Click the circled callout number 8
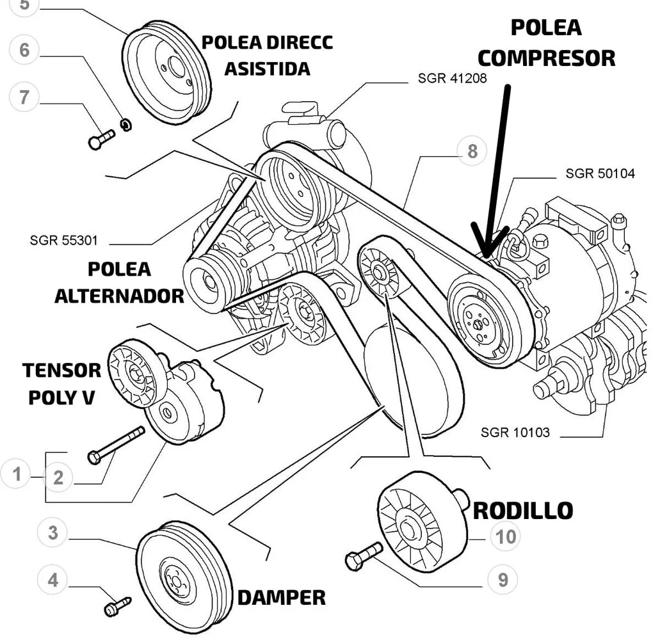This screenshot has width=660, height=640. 472,150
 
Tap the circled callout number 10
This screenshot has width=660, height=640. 506,536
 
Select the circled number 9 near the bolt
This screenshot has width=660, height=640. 503,579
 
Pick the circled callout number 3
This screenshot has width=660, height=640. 52,532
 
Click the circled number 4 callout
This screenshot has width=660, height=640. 52,580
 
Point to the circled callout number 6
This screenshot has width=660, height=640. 24,50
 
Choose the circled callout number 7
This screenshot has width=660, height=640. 24,97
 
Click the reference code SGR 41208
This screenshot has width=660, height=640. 452,78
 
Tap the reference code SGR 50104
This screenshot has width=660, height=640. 600,173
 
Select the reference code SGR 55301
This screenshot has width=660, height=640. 63,240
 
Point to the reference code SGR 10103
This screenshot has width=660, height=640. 515,432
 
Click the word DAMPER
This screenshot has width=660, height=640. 282,598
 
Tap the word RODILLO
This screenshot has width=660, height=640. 523,511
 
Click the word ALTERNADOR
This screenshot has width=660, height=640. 119,296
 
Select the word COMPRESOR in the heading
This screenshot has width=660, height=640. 546,58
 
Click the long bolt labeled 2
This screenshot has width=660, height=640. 116,445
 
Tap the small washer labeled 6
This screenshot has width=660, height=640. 126,125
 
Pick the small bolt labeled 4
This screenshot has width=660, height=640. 117,606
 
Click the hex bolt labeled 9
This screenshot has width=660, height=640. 364,556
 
